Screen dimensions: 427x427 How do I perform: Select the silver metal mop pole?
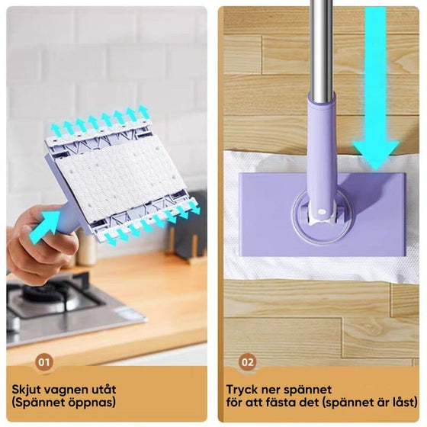pos(320,46)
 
